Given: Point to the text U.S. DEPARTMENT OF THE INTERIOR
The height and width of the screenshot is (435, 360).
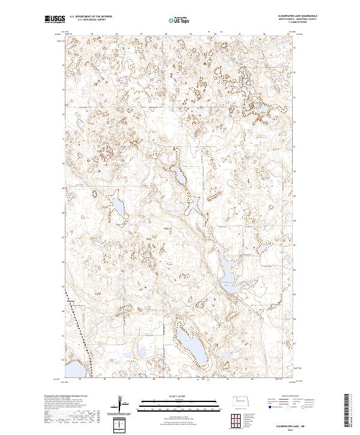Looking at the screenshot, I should pos(91,17).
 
